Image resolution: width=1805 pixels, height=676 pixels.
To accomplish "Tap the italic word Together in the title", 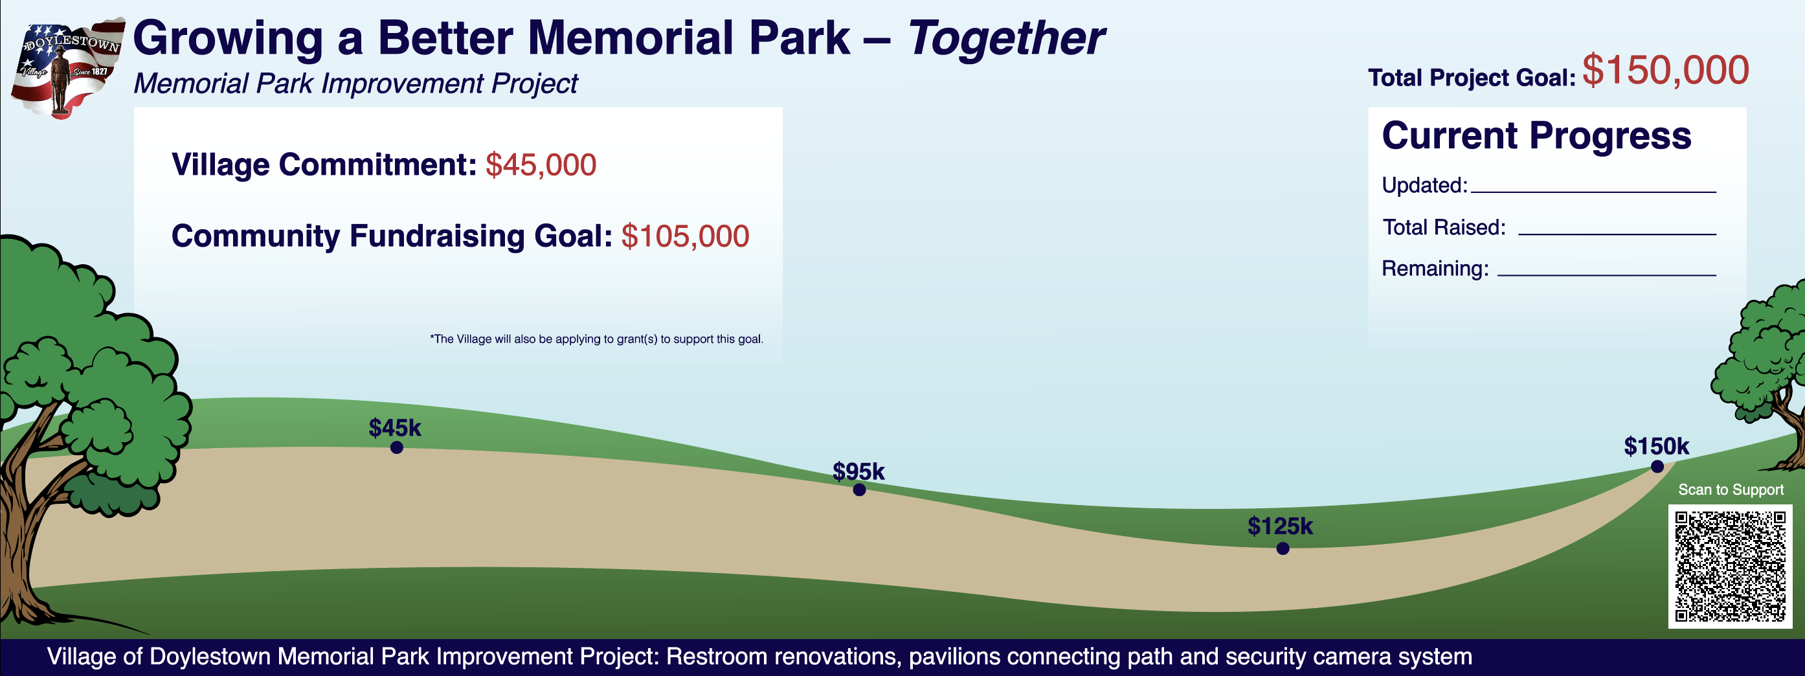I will tap(1005, 39).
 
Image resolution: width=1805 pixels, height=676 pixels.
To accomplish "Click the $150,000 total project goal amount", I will tap(1665, 71).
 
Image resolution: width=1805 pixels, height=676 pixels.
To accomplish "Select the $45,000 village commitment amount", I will tap(540, 165).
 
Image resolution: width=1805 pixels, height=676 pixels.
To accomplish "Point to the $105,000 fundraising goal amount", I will tap(684, 236).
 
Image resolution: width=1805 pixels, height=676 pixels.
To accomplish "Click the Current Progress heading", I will tap(1536, 135).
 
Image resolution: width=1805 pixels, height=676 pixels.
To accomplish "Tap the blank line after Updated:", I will tap(1593, 190).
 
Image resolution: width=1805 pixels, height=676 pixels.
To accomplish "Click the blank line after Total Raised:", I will tap(1616, 232).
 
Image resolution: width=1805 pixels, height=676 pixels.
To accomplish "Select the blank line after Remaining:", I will tap(1606, 273).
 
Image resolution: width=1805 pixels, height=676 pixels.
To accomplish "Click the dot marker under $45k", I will tap(397, 447).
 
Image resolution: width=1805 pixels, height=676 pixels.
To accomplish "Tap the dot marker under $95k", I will tap(859, 490).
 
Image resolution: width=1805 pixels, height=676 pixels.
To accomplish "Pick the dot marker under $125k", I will tap(1283, 548).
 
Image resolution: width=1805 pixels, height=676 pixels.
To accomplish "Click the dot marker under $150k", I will tap(1657, 467).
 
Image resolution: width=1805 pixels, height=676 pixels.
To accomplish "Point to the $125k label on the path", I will tap(1279, 526).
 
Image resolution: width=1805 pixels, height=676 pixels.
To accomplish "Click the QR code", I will tap(1729, 566).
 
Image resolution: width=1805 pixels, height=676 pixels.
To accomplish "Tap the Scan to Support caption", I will tap(1730, 490).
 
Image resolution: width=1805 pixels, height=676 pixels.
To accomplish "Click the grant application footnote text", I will tap(596, 339).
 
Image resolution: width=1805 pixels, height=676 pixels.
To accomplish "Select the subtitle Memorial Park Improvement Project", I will tap(355, 84).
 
